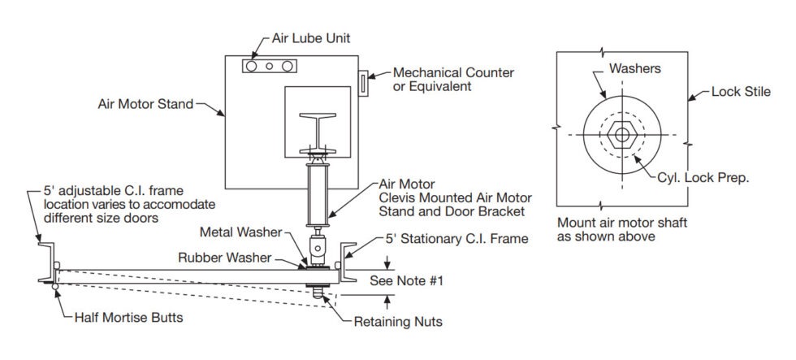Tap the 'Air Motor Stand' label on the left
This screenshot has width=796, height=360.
145,104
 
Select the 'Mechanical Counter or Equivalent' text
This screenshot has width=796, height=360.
452,79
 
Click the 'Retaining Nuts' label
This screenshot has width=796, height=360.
398,322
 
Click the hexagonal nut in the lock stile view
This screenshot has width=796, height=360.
621,134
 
